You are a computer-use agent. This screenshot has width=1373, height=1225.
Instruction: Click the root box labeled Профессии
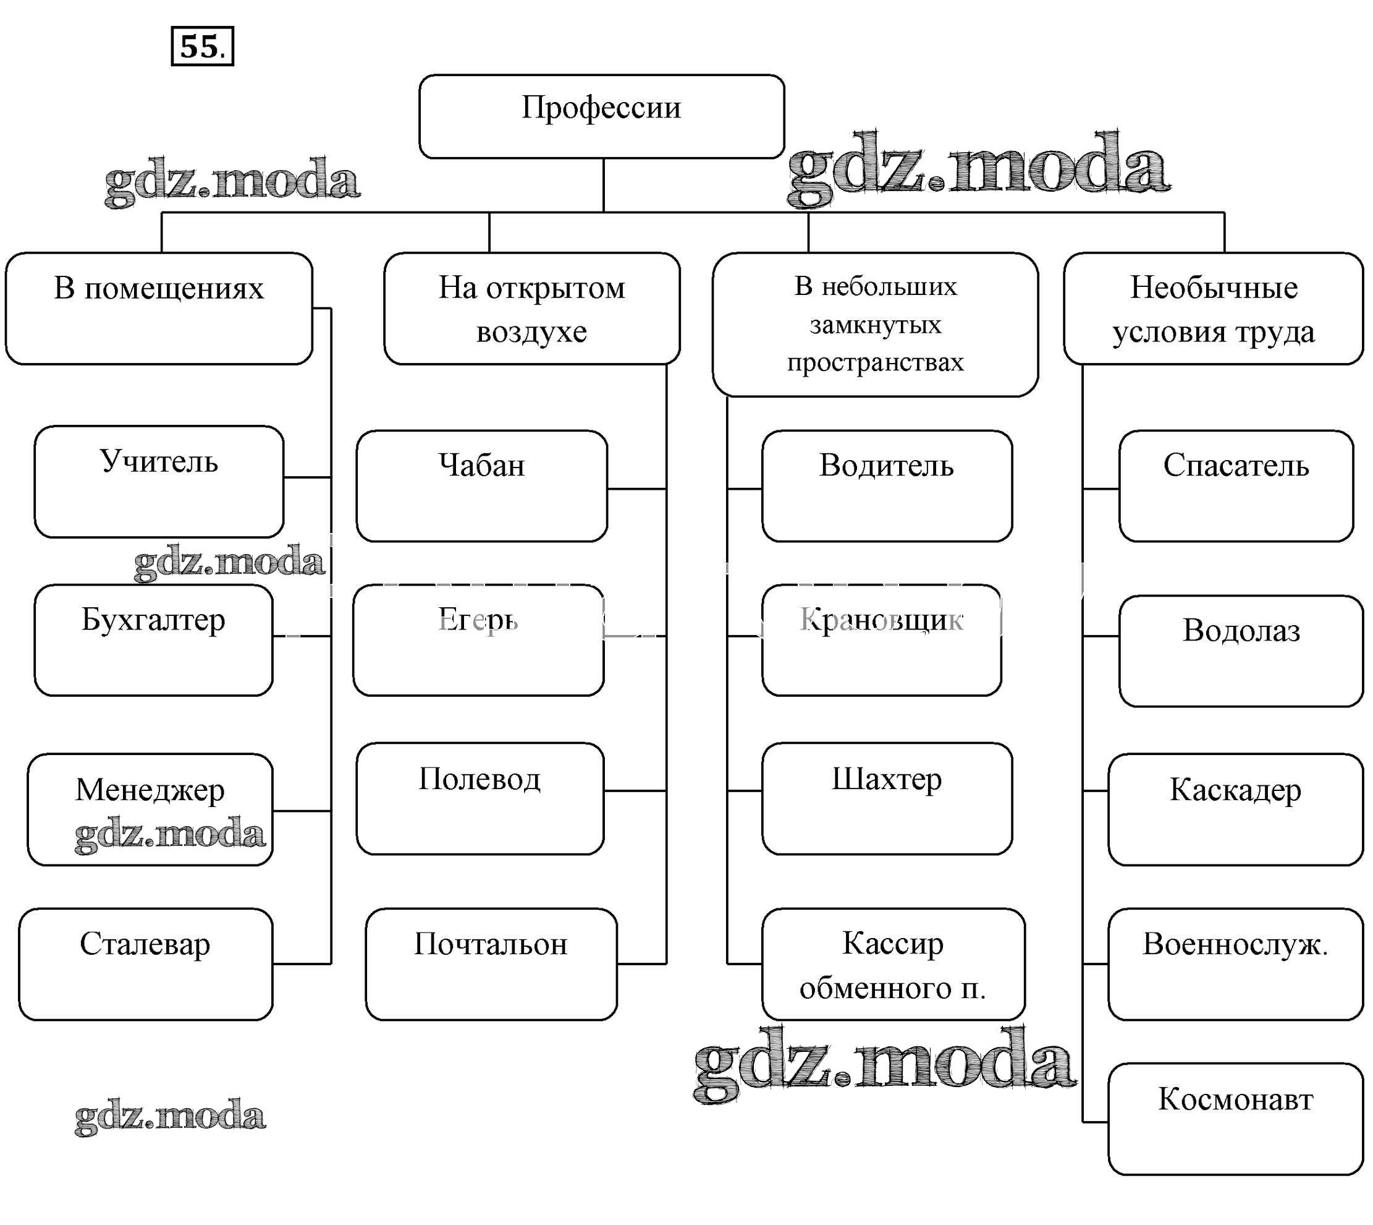pos(601,116)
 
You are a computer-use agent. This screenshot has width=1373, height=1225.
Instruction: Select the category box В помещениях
pos(159,309)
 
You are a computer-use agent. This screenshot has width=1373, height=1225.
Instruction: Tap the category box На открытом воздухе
pos(531,309)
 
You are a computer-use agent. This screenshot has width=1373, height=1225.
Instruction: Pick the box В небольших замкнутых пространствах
pos(874,325)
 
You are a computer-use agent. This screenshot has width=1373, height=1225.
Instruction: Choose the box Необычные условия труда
pos(1213,309)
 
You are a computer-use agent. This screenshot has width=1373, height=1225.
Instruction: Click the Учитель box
pos(159,481)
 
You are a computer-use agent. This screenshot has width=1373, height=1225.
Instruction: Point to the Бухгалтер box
pos(153,639)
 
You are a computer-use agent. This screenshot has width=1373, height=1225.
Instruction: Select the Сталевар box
pos(145,964)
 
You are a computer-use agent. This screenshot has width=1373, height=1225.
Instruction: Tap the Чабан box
pos(481,486)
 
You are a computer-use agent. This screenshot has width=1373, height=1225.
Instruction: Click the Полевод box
pos(479,798)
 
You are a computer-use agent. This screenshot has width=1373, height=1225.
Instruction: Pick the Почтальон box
pos(491,964)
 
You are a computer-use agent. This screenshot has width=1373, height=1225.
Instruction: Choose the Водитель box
pos(887,486)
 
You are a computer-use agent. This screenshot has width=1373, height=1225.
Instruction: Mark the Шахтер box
pos(887,798)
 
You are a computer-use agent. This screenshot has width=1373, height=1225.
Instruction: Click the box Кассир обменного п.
pos(893,964)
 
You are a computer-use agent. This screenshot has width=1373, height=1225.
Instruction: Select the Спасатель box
pos(1236,486)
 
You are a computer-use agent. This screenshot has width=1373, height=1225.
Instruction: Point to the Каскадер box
pos(1235,809)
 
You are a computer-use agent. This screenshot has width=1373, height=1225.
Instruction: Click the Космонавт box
pos(1235,1119)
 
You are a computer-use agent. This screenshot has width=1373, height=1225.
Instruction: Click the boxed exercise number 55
pos(203,46)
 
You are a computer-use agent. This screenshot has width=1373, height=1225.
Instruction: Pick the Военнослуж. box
pos(1235,964)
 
